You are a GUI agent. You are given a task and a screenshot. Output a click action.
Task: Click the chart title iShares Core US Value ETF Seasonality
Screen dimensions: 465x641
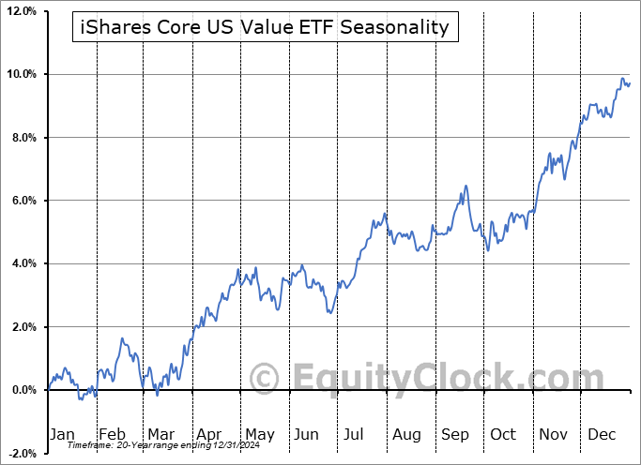[x=266, y=27]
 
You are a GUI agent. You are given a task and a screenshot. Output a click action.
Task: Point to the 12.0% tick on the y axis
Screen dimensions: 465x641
[x=20, y=11]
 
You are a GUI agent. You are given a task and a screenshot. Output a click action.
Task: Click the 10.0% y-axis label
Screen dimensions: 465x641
[x=20, y=74]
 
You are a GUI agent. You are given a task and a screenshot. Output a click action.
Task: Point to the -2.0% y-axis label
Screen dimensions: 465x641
[x=21, y=453]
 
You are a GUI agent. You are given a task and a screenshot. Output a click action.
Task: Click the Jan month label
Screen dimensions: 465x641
[x=62, y=434]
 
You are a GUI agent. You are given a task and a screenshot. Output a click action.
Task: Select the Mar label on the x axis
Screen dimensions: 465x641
[x=160, y=434]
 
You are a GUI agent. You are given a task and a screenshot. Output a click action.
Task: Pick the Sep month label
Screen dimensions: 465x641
[x=454, y=434]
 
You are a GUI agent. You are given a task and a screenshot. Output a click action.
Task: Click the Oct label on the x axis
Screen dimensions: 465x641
[x=503, y=434]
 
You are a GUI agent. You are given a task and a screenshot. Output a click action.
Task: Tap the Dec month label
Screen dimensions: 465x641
[x=601, y=434]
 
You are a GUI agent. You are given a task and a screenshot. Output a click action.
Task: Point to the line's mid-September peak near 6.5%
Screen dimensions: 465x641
[x=465, y=187]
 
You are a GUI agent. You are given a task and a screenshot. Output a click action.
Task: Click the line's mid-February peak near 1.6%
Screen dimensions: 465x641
[x=121, y=339]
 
